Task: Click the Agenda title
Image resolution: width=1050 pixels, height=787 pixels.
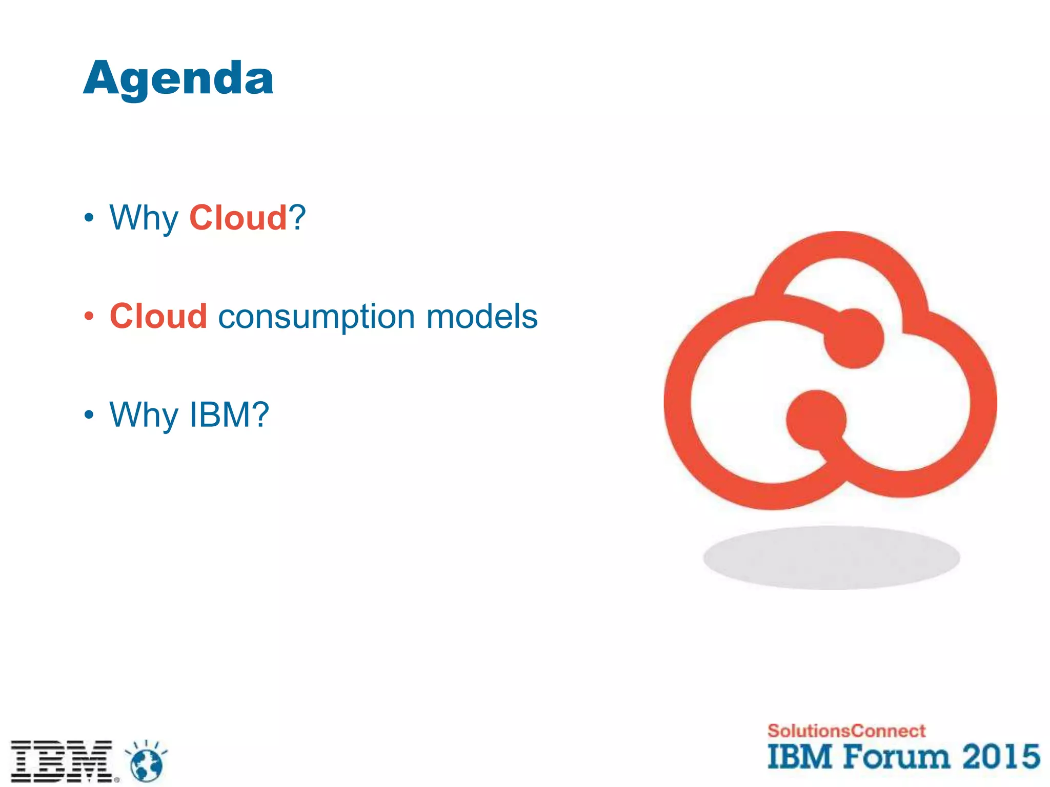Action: click(x=178, y=78)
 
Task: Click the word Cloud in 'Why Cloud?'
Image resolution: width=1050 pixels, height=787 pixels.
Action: click(x=238, y=218)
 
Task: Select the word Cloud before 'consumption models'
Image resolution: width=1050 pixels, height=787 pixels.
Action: click(x=158, y=316)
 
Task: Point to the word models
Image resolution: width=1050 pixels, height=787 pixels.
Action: click(x=482, y=316)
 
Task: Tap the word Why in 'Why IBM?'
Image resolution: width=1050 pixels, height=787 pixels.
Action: click(x=144, y=415)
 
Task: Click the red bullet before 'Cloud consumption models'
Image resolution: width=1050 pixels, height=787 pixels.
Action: click(x=89, y=316)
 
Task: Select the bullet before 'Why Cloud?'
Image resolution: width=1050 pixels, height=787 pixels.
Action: click(x=89, y=218)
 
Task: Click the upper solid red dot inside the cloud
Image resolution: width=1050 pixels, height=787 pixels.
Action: click(x=854, y=338)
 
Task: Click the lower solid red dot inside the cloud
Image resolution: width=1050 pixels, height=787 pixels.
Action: click(x=816, y=420)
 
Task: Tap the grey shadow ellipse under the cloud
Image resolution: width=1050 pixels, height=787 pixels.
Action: click(x=831, y=557)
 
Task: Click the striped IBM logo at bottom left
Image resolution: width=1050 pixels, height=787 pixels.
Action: click(x=62, y=761)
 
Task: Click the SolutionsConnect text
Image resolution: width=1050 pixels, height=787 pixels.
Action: click(x=846, y=731)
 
